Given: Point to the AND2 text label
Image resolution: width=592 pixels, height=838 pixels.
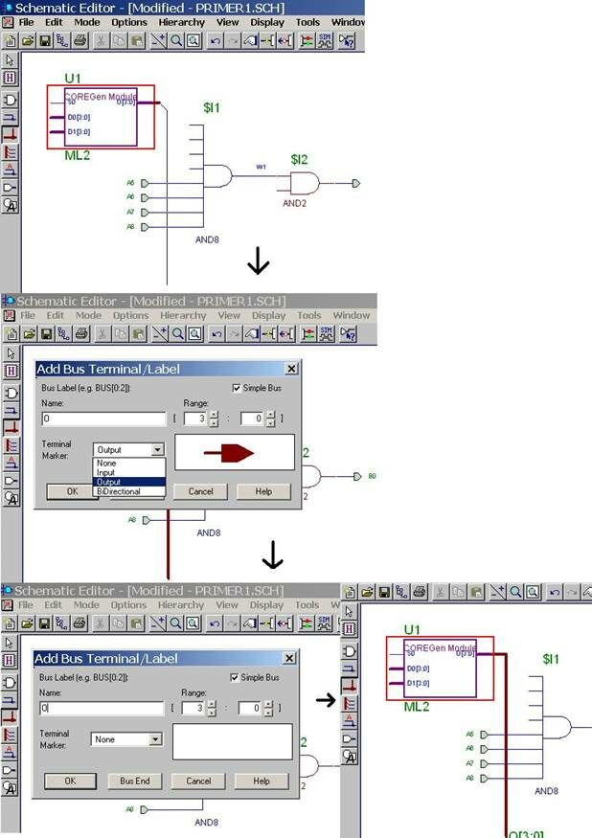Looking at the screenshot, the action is click(x=294, y=203).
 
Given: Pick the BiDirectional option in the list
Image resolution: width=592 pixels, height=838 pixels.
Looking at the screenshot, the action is click(x=118, y=491).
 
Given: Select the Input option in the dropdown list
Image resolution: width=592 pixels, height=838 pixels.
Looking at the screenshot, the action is click(x=105, y=472).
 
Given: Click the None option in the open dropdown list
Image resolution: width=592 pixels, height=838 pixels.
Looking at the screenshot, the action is click(x=105, y=463).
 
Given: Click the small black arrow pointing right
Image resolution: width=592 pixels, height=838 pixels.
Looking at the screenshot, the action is click(x=326, y=700).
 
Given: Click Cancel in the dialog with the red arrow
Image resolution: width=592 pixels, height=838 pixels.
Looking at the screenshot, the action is click(x=200, y=491).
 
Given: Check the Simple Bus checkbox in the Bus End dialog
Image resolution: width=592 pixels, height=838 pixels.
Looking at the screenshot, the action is click(x=237, y=677).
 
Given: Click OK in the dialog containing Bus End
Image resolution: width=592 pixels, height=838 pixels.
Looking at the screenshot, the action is click(x=69, y=781).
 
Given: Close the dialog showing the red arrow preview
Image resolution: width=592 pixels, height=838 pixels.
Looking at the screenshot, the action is click(x=291, y=369).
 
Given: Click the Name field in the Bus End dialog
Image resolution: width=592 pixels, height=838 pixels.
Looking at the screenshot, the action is click(x=102, y=709).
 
